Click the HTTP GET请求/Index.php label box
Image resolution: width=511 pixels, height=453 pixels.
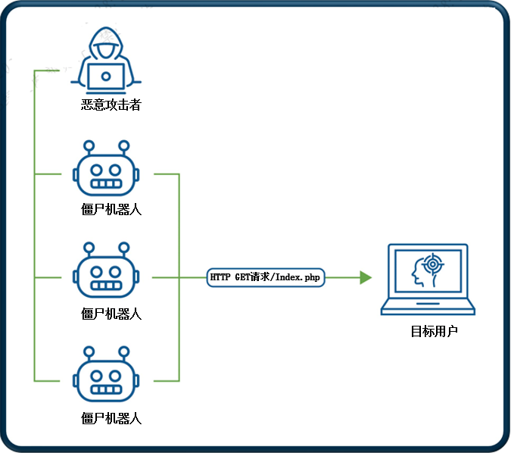click(265, 278)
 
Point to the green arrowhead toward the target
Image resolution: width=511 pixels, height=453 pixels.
click(366, 278)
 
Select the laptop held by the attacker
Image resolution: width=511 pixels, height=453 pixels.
click(107, 77)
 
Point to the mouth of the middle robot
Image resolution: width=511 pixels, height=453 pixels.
click(107, 286)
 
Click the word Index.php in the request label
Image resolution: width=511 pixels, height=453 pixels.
click(299, 278)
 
